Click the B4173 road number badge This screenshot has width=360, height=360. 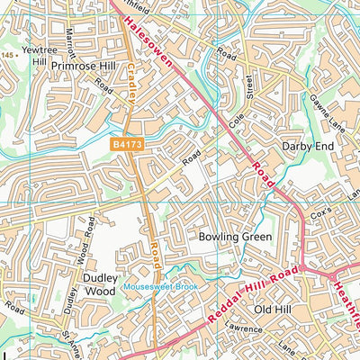129,143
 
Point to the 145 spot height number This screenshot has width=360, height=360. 9,56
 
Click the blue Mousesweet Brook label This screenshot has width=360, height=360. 160,286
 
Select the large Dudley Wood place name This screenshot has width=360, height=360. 101,284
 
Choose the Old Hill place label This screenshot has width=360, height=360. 274,310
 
